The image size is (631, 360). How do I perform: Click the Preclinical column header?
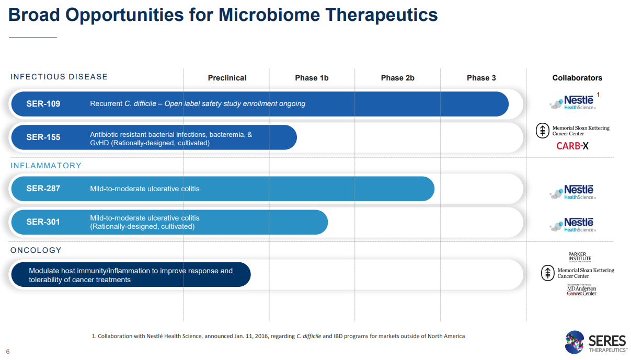click(x=227, y=78)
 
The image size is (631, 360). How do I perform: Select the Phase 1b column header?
click(x=312, y=78)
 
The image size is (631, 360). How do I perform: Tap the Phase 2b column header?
click(x=397, y=78)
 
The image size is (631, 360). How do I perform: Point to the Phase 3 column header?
click(x=481, y=78)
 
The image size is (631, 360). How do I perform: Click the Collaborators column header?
click(x=577, y=78)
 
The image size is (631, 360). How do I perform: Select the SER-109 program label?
click(x=43, y=104)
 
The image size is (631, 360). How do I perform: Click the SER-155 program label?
click(x=43, y=137)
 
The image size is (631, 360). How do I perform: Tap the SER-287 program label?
click(x=43, y=189)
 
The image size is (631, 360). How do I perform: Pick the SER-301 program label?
click(x=43, y=222)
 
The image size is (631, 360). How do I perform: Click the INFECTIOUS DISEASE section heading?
click(x=59, y=77)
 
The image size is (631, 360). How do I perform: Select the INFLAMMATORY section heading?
click(x=46, y=166)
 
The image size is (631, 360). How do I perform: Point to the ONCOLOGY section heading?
click(x=36, y=250)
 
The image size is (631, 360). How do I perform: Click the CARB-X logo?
click(x=572, y=146)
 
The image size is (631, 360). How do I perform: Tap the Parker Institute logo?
click(x=579, y=257)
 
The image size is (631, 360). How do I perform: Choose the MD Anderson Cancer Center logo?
click(x=581, y=290)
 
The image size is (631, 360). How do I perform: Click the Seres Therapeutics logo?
click(x=596, y=342)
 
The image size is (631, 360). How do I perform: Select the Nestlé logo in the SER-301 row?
click(x=572, y=225)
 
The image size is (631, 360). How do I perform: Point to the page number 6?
click(x=8, y=352)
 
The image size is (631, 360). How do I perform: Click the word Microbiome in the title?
click(x=269, y=15)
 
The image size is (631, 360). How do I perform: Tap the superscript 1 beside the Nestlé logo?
click(x=598, y=95)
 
